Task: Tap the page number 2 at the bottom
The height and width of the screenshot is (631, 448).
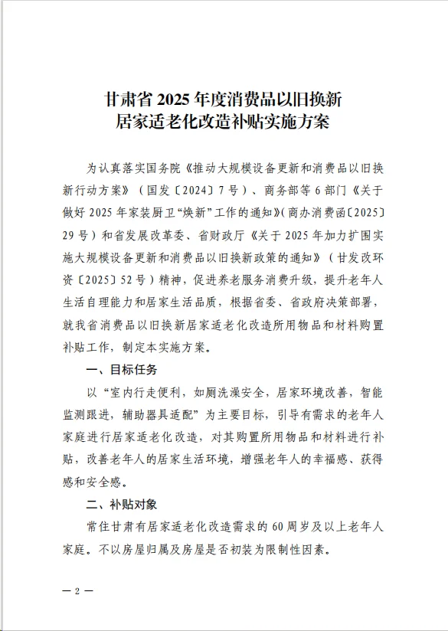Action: pyautogui.click(x=77, y=592)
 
